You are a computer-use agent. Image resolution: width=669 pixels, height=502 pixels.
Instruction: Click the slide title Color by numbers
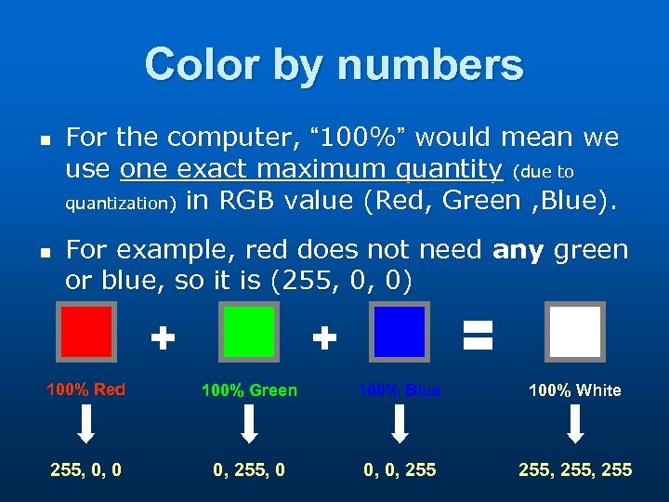point(334,66)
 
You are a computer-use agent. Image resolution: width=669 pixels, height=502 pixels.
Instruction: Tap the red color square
point(85,332)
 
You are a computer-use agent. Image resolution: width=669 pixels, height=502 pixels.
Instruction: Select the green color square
point(248,332)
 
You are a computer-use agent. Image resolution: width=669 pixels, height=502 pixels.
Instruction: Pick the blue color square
point(400,332)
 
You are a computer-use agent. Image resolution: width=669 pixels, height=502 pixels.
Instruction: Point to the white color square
point(574,332)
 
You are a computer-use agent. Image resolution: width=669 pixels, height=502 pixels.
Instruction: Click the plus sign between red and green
point(163,338)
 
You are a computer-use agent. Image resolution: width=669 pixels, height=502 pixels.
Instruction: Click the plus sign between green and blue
point(323,338)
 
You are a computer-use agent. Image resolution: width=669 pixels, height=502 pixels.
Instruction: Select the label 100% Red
point(85,390)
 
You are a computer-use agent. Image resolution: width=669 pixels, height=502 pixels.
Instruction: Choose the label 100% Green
point(249,390)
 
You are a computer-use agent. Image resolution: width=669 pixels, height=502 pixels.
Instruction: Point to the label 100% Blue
point(400,390)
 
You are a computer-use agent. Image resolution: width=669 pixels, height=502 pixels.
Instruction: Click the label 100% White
point(574,390)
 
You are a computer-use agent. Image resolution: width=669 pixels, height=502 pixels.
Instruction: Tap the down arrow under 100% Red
point(85,425)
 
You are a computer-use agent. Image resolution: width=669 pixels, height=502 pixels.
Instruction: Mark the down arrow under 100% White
point(575,425)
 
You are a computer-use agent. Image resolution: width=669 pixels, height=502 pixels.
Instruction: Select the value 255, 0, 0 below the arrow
point(85,470)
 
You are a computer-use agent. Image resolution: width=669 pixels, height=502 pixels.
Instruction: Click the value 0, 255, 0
point(249,470)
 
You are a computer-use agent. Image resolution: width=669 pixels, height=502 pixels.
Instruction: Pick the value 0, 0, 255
point(400,470)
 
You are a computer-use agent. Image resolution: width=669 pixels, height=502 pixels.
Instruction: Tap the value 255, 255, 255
point(575,470)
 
